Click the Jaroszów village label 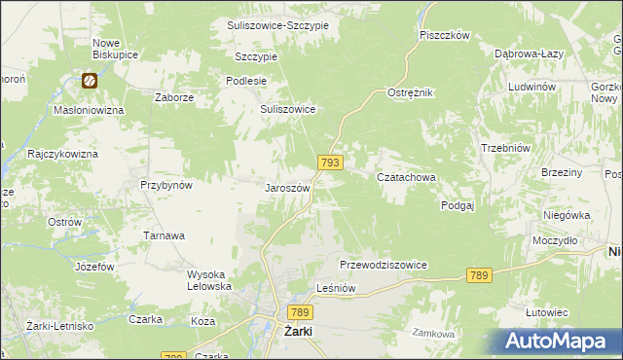[x=287, y=188]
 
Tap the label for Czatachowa [x=406, y=177]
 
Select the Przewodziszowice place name [x=384, y=265]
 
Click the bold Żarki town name [x=297, y=331]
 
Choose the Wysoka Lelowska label [x=209, y=280]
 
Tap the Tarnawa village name [x=165, y=235]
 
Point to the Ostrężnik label [x=410, y=91]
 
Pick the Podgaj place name [x=457, y=205]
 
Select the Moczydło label [x=555, y=239]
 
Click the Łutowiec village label [x=546, y=311]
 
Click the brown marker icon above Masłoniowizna [x=90, y=82]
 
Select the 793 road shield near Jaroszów [x=329, y=162]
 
